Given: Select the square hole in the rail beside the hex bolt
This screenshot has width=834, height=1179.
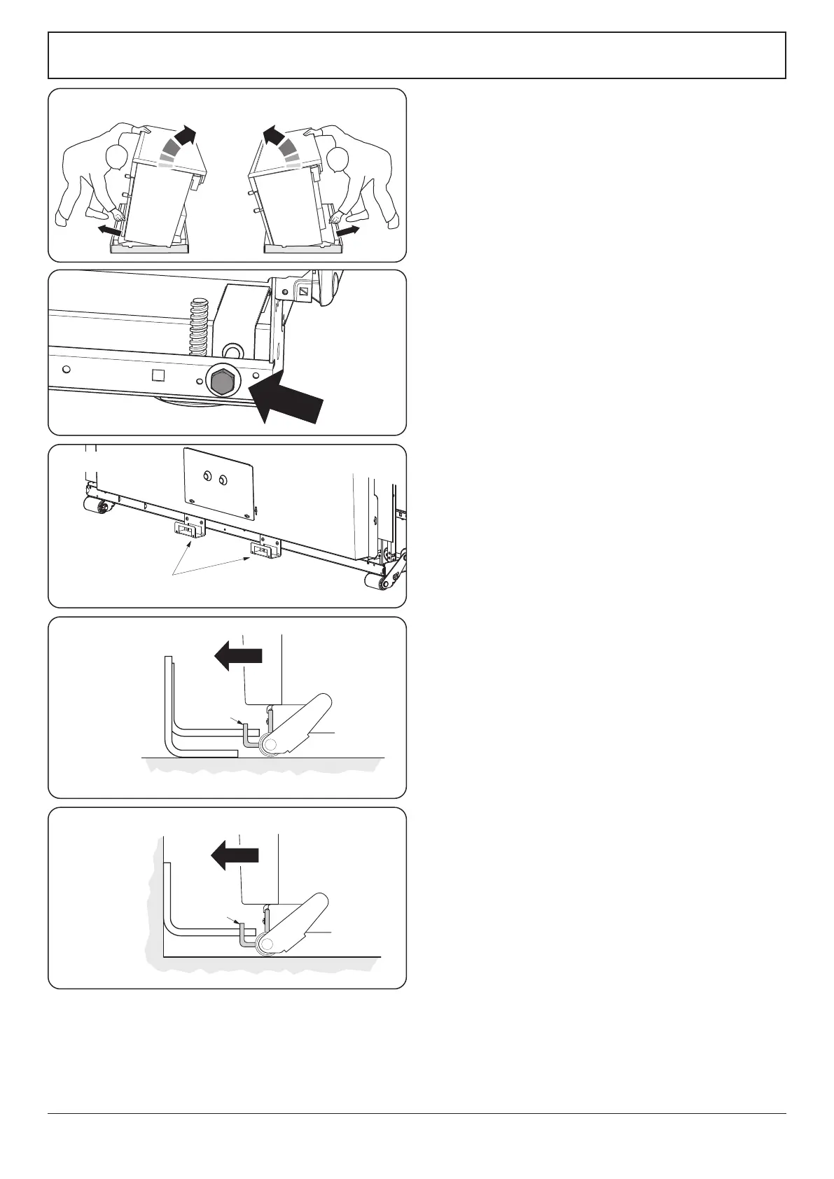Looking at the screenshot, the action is point(158,375).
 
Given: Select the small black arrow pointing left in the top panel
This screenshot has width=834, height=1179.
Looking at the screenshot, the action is point(109,230).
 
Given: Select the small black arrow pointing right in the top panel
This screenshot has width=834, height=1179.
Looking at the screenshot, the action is point(348,230).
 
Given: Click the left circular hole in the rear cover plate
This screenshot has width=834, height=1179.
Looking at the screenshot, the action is point(207,477).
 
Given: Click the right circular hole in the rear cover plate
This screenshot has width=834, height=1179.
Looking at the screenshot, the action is point(223,480).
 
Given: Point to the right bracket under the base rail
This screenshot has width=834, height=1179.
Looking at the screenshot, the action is point(265,551).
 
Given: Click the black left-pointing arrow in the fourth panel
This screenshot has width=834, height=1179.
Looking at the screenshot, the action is point(237,657).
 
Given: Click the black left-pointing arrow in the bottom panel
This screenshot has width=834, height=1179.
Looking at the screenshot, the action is point(235,855).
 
